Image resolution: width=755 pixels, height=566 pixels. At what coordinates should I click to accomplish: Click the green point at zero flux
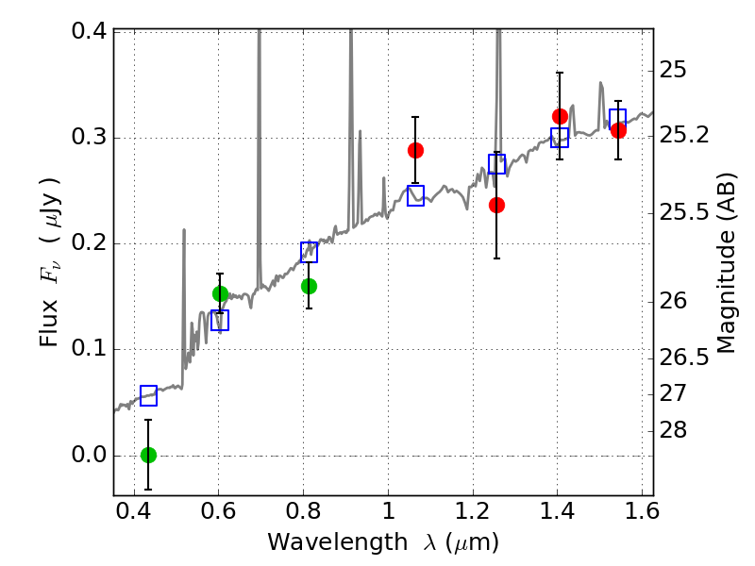tap(149, 455)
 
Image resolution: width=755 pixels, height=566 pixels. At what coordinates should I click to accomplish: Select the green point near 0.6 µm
tap(220, 293)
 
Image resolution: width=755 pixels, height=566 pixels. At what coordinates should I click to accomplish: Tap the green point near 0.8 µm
tap(309, 287)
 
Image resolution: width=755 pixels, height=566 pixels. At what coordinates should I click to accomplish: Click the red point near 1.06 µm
tap(415, 151)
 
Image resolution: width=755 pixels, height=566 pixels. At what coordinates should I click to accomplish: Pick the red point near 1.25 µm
tap(496, 206)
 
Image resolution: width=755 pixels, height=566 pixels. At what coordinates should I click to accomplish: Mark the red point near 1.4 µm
tap(560, 116)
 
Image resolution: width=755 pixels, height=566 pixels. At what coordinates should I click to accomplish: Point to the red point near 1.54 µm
tap(618, 130)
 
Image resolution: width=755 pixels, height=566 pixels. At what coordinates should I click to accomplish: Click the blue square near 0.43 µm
tap(149, 395)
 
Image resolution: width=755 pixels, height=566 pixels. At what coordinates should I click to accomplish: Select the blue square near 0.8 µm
tap(310, 252)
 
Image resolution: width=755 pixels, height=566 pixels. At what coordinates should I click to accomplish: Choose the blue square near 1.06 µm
tap(415, 195)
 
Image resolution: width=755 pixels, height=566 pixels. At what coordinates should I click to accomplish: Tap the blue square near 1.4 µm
tap(560, 138)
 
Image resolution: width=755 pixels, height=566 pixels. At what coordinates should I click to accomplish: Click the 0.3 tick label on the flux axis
tap(89, 137)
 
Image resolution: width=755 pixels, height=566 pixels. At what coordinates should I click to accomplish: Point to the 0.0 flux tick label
tap(89, 455)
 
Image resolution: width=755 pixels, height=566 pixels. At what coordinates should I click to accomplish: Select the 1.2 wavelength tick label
tap(473, 511)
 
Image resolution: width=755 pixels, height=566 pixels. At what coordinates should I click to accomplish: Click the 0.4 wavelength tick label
tap(134, 511)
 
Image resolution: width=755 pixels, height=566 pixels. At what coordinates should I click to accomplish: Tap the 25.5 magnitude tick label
tap(684, 212)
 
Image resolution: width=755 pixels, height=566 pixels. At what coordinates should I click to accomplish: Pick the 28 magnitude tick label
tap(673, 430)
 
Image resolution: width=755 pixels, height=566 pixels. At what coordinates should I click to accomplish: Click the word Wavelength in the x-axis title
tap(338, 542)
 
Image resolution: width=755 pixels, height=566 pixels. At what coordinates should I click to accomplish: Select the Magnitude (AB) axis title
tap(727, 263)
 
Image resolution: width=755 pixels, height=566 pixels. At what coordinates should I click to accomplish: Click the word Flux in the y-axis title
tap(49, 322)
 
